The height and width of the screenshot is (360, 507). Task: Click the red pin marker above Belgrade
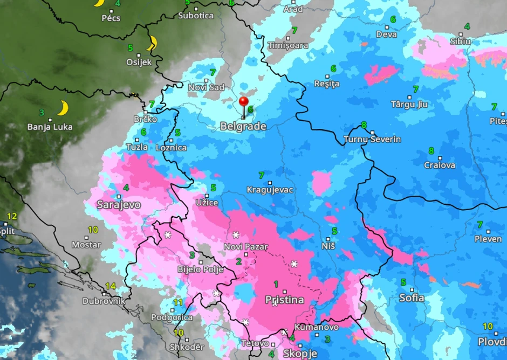tap(243, 102)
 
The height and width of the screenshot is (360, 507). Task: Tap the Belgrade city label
tap(243, 127)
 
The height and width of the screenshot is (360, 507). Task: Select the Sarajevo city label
tap(119, 205)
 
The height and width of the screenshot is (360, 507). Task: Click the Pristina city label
tap(285, 300)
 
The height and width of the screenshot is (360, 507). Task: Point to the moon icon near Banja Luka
tap(63, 108)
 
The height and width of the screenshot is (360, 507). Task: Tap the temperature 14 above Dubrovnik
tap(111, 286)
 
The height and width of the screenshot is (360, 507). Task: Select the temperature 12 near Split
tap(12, 216)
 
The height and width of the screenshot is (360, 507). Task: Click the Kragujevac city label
tap(270, 190)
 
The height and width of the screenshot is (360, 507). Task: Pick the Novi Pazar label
tap(246, 247)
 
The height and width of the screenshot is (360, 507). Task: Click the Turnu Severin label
tap(373, 140)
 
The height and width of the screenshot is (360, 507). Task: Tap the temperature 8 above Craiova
tap(431, 151)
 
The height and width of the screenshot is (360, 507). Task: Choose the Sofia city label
tap(412, 297)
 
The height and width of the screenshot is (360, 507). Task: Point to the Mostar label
tap(86, 245)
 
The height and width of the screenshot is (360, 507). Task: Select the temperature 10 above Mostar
tap(93, 230)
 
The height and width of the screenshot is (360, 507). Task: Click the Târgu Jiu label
tap(409, 105)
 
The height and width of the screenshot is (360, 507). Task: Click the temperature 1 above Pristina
tap(276, 284)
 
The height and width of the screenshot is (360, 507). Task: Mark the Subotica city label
tap(196, 16)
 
